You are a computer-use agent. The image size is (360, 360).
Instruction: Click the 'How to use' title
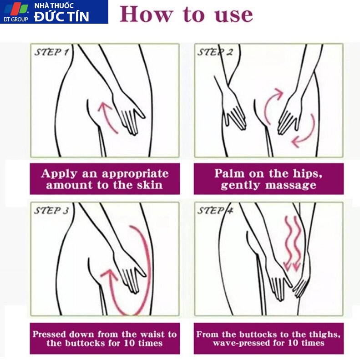click(x=187, y=15)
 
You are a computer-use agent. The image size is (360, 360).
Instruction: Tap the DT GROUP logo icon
click(x=16, y=10)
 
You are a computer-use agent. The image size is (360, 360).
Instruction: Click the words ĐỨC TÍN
click(x=61, y=16)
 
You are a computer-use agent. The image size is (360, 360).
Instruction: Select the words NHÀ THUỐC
click(x=54, y=5)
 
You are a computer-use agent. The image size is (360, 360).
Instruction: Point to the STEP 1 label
click(x=52, y=52)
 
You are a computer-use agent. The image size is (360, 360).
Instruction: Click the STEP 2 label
click(x=215, y=52)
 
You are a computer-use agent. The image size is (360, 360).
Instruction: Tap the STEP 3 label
click(x=52, y=211)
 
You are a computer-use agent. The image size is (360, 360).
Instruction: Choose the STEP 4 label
click(x=215, y=211)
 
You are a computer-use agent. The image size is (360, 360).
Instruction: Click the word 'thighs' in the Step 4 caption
click(x=328, y=335)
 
